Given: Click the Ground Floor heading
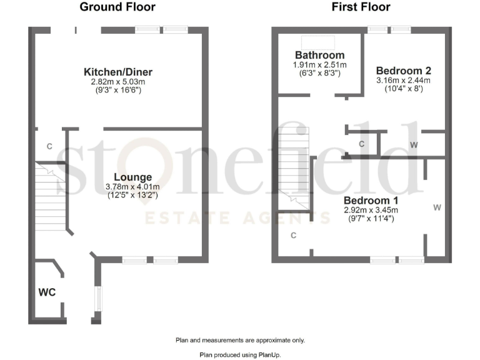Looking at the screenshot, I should coord(117,7).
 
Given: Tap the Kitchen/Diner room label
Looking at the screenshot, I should coord(118,72).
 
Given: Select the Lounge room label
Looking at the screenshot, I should coord(133,177).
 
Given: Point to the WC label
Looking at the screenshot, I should coord(47,292).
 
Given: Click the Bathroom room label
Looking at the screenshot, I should coord(320,56).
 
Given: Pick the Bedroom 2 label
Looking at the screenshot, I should coord(404,71).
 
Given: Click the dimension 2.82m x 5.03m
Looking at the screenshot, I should coord(118,82).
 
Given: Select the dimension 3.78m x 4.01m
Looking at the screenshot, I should coord(133,187).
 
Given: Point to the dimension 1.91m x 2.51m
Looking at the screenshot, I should coord(320,65).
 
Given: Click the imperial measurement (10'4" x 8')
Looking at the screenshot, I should coord(404,89).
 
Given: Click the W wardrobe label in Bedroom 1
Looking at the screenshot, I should coord(436,207).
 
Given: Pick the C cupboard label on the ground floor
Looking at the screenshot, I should coord(49,146).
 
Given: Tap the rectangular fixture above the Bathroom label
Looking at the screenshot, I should coord(317,42).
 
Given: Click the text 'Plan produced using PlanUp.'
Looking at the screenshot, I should coord(240,354).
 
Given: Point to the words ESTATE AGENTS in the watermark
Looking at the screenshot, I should coord(237,218).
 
